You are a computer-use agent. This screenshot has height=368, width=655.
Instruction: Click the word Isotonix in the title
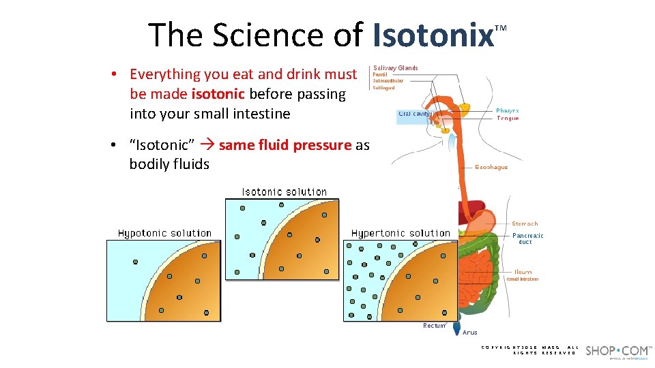point(433,35)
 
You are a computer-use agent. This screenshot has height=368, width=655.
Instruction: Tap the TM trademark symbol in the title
point(501,28)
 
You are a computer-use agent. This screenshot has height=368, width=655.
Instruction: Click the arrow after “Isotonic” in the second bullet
point(207,145)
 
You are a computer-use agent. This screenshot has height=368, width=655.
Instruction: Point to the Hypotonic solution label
point(164,233)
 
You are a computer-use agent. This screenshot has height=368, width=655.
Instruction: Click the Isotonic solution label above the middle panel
point(285,192)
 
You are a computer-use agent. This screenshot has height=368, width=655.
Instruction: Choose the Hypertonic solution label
point(401,233)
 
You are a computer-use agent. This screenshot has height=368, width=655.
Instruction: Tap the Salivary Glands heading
point(396,68)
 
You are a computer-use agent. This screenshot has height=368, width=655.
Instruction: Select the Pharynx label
point(507,110)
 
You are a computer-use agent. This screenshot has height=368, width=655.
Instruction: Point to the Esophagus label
point(491,167)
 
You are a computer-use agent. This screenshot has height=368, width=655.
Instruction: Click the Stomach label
point(525,224)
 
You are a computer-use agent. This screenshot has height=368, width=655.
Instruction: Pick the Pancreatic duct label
point(527,239)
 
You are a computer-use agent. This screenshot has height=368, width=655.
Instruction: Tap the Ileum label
point(523,272)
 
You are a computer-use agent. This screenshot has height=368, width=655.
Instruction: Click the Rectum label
point(434,326)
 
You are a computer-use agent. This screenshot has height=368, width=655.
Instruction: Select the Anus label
point(470,333)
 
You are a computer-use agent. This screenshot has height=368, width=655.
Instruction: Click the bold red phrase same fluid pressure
point(285,145)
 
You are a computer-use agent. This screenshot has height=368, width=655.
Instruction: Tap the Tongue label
point(508,119)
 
